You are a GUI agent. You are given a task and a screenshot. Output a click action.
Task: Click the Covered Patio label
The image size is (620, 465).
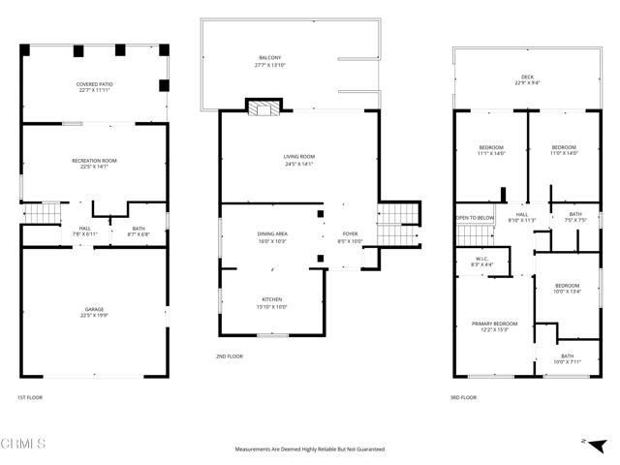click(94, 88)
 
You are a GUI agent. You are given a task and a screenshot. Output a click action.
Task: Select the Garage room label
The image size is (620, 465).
click(94, 312)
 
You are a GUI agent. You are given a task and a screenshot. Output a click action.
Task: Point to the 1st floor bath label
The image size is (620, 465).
click(139, 232)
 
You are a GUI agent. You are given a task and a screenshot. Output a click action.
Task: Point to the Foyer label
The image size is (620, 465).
click(350, 237)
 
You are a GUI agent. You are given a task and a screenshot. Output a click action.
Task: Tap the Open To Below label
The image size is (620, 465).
click(475, 218)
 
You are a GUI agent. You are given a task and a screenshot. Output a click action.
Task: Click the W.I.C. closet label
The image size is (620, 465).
click(481, 261)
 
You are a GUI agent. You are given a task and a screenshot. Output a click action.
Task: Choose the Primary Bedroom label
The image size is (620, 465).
click(494, 326)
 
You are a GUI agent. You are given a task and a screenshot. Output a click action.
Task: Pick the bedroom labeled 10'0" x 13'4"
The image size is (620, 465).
click(567, 288)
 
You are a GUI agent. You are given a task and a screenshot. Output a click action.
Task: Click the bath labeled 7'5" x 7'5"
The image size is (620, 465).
click(575, 217)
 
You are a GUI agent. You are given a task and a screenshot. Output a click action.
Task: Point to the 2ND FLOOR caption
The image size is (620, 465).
click(230, 357)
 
